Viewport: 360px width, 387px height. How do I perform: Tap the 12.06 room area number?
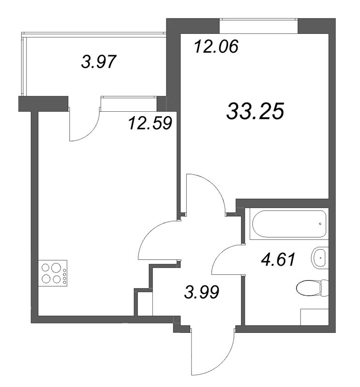[x=216, y=47]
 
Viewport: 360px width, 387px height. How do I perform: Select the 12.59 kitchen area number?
[x=150, y=123]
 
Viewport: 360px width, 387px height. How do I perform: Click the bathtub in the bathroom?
[x=288, y=223]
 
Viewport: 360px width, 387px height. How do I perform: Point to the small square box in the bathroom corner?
[x=314, y=317]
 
